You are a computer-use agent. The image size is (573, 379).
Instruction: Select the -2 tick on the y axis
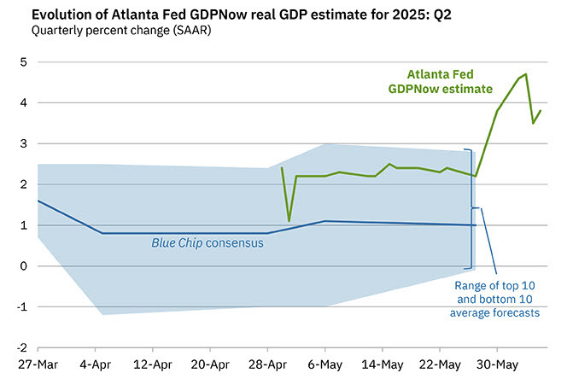(20, 347)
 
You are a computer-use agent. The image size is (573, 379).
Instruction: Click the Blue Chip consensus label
(207, 243)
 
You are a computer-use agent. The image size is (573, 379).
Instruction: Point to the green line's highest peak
(526, 74)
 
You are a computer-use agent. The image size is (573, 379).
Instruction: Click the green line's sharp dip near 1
(289, 221)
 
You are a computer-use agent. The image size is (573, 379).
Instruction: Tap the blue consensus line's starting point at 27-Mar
(38, 201)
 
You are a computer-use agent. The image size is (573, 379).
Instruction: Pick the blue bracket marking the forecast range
(471, 207)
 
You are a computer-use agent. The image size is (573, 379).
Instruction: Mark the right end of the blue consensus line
(476, 225)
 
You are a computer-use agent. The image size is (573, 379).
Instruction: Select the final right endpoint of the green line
(541, 111)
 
